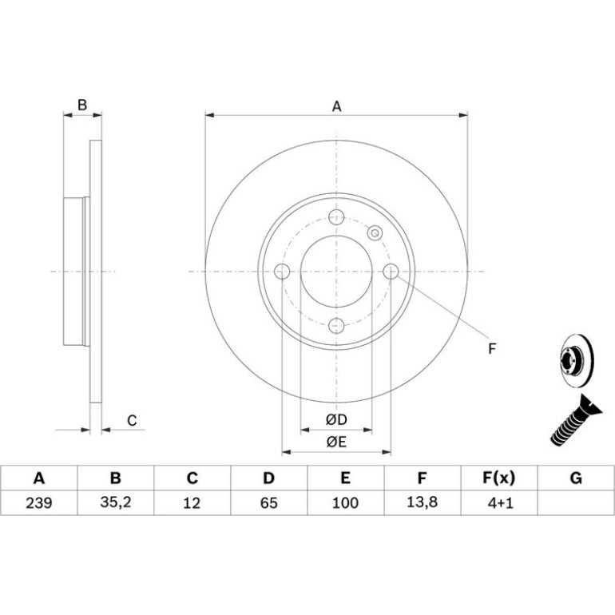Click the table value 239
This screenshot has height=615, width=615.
(x=39, y=502)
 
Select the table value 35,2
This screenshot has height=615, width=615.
(x=115, y=502)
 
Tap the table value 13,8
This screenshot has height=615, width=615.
(x=422, y=502)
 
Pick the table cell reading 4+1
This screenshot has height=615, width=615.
(x=500, y=502)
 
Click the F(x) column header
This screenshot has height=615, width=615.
(x=498, y=478)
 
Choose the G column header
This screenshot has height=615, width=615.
(x=576, y=478)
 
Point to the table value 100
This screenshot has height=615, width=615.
(x=345, y=502)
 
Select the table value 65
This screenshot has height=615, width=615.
(x=268, y=502)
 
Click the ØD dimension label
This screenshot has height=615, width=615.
(x=336, y=419)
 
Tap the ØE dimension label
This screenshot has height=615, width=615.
(x=336, y=442)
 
